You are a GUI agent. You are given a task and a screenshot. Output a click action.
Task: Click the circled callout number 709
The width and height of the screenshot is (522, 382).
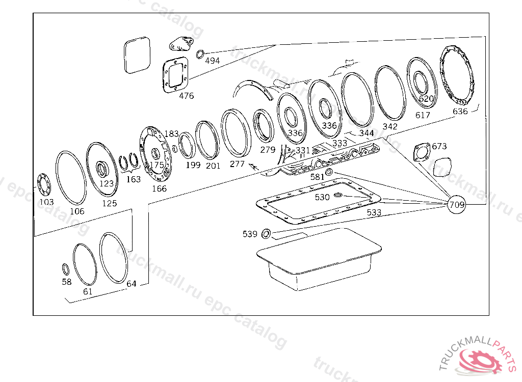pyautogui.click(x=457, y=205)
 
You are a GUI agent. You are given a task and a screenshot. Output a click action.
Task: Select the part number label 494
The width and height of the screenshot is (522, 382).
pyautogui.click(x=213, y=61)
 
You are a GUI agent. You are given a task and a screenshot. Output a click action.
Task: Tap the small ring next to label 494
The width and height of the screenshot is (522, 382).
pyautogui.click(x=200, y=53)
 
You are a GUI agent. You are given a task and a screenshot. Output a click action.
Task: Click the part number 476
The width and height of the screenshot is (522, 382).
pyautogui.click(x=186, y=96)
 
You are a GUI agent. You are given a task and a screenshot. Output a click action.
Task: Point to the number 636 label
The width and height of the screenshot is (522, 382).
pyautogui.click(x=460, y=112)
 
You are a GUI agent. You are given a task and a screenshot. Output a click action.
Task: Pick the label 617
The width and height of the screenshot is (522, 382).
pyautogui.click(x=423, y=116)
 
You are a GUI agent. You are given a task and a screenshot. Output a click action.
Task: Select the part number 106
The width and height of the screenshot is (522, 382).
pyautogui.click(x=77, y=211)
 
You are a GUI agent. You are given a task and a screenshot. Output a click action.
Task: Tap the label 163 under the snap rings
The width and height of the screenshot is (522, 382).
pyautogui.click(x=133, y=179)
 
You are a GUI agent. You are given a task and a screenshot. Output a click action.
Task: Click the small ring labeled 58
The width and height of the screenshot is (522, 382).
pyautogui.click(x=65, y=268)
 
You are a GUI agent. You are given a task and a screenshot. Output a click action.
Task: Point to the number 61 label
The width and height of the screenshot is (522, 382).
pyautogui.click(x=88, y=292)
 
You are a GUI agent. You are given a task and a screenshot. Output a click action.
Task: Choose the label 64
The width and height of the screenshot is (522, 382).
pyautogui.click(x=132, y=284)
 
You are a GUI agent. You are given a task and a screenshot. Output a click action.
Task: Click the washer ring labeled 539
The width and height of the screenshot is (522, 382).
pyautogui.click(x=266, y=234)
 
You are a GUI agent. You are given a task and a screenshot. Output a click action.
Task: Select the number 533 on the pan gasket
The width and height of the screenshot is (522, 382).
pyautogui.click(x=374, y=213)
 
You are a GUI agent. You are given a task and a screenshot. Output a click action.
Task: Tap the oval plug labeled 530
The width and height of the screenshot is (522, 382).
pyautogui.click(x=338, y=195)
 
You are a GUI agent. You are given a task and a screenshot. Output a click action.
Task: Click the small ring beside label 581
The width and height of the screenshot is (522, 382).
pyautogui.click(x=330, y=172)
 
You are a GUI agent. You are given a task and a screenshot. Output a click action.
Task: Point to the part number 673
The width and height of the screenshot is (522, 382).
pyautogui.click(x=439, y=146)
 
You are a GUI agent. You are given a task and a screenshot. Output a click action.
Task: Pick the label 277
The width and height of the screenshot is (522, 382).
pyautogui.click(x=237, y=163)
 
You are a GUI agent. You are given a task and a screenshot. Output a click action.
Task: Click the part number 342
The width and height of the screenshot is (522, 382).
pyautogui.click(x=390, y=126)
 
